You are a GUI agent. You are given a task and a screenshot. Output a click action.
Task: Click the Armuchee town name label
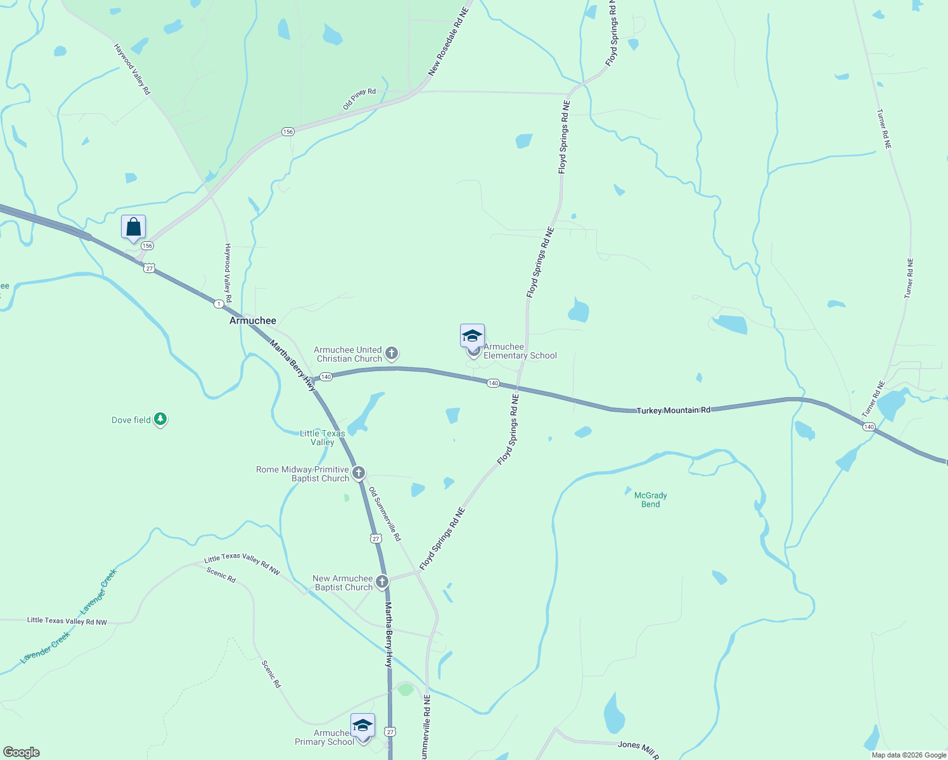pyautogui.click(x=252, y=320)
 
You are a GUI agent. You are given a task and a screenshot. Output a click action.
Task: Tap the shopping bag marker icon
pyautogui.click(x=134, y=227)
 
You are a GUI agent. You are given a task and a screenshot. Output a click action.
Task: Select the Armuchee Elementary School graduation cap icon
pyautogui.click(x=472, y=336)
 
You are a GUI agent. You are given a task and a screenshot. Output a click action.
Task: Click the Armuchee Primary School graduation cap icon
pyautogui.click(x=362, y=725)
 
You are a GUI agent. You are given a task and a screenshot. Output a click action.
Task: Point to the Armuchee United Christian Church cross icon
pyautogui.click(x=392, y=353)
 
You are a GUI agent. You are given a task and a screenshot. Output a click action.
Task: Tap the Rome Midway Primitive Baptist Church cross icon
pyautogui.click(x=358, y=473)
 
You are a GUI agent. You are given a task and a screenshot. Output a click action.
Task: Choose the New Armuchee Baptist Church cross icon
pyautogui.click(x=381, y=582)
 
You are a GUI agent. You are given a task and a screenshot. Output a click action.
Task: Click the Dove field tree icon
pyautogui.click(x=160, y=419)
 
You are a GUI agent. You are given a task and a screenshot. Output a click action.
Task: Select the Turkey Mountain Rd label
pyautogui.click(x=673, y=410)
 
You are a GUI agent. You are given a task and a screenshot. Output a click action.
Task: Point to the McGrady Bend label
pyautogui.click(x=650, y=500)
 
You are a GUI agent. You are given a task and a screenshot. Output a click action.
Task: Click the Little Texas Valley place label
pyautogui.click(x=323, y=438)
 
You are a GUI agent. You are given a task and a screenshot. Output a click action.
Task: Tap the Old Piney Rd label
pyautogui.click(x=359, y=99)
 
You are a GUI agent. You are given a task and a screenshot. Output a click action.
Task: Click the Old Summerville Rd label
pyautogui.click(x=385, y=514)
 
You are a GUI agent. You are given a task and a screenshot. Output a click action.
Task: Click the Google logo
pyautogui.click(x=22, y=752)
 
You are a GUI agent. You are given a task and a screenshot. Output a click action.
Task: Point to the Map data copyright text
pyautogui.click(x=909, y=755)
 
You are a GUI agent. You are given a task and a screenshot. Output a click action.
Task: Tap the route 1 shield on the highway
pyautogui.click(x=219, y=304)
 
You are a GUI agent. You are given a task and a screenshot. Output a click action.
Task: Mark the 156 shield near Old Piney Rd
pyautogui.click(x=288, y=132)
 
